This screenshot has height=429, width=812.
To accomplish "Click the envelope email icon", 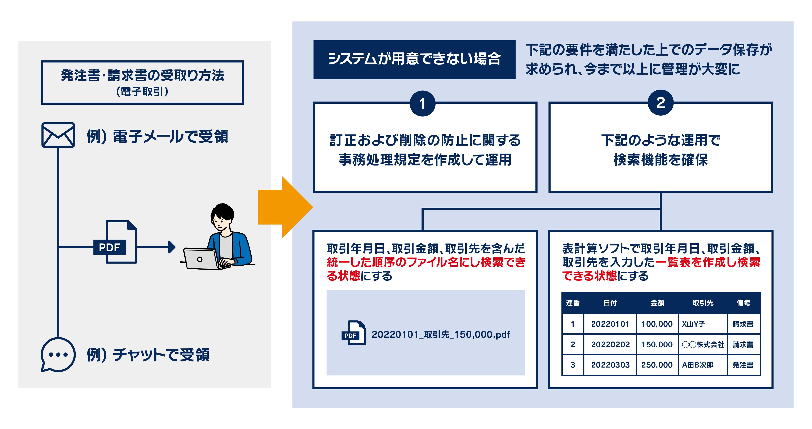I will point(58,135).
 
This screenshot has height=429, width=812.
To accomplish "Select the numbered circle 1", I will point(422,104).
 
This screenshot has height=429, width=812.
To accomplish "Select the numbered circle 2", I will point(660,103).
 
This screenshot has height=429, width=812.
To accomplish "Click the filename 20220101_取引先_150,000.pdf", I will point(441,334).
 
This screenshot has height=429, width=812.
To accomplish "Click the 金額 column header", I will point(657,303).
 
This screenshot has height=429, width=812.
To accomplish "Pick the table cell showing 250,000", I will point(657,365).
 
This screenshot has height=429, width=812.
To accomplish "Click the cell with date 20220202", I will point(610,344).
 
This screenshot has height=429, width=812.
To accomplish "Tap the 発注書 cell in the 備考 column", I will point(743,365).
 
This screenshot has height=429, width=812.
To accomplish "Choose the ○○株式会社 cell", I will point(703,344).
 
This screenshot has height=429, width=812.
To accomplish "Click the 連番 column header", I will point(573,303).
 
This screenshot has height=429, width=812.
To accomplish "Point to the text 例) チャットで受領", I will point(148,355).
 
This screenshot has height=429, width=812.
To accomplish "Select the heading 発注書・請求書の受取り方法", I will point(142,76).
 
